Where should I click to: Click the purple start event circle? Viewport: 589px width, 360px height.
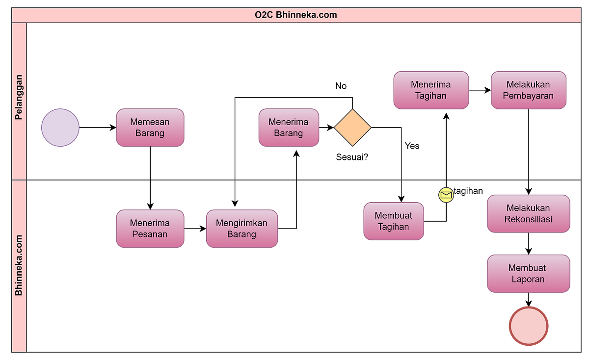[x=60, y=128]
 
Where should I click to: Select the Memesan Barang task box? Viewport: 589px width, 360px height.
[x=150, y=128]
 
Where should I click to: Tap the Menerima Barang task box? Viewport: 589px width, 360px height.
[x=289, y=128]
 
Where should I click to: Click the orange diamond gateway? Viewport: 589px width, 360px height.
[x=352, y=128]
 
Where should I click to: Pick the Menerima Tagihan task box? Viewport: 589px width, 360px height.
[x=431, y=90]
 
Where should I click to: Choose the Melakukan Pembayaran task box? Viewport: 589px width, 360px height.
[x=528, y=90]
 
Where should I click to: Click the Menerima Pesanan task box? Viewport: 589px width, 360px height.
[x=150, y=229]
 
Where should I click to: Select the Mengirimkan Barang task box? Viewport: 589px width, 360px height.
[x=242, y=229]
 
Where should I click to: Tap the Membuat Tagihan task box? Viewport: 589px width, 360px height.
[x=394, y=221]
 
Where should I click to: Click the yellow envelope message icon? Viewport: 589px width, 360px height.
[x=446, y=195]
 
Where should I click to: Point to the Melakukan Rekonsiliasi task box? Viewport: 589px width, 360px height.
[x=528, y=213]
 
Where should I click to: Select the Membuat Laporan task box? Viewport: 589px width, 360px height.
[x=528, y=273]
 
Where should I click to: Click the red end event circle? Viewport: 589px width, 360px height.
[x=528, y=326]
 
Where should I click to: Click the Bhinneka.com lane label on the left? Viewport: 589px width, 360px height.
[x=19, y=265]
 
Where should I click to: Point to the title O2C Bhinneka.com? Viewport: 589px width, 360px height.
[x=295, y=15]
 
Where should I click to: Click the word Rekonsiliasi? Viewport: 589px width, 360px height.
[x=528, y=219]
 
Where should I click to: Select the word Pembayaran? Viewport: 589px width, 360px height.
[x=528, y=96]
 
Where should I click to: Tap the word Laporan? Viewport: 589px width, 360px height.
[x=528, y=279]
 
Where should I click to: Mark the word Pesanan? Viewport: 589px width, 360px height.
[x=150, y=234]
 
